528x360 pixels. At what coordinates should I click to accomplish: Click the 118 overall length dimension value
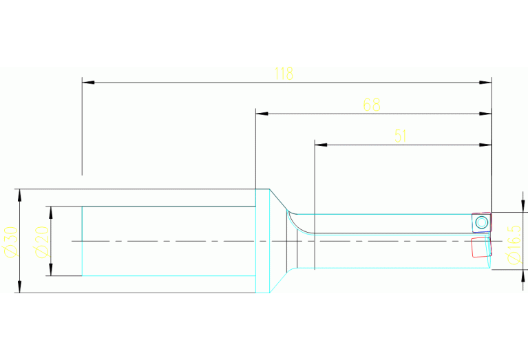tap(284, 74)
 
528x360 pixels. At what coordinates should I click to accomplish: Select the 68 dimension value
tap(372, 105)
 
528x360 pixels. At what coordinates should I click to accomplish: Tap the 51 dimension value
tap(401, 136)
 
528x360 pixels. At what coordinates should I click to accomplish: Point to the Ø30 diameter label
tap(10, 242)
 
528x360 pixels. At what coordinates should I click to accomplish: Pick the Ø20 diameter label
tap(42, 242)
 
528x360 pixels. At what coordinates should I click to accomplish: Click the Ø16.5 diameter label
tap(514, 245)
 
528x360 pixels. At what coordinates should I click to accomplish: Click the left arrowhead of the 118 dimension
tap(88, 82)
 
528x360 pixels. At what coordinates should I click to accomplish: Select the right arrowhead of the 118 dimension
tap(485, 82)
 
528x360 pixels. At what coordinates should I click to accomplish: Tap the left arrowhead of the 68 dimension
tap(262, 114)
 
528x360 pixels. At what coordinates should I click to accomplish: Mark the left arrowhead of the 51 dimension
tap(321, 145)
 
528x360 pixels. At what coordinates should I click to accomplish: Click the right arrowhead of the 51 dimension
tap(485, 145)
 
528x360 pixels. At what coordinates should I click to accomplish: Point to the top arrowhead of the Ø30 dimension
tap(19, 195)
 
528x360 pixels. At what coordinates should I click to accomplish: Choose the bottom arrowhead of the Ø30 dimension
tap(19, 286)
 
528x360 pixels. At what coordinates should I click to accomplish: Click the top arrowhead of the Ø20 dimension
tap(51, 213)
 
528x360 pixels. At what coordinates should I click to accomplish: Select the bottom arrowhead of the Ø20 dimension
tap(51, 269)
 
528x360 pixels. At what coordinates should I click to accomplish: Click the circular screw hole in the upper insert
tap(481, 222)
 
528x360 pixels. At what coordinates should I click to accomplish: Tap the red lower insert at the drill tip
tap(481, 247)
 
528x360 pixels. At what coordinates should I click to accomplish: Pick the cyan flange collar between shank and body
tap(263, 241)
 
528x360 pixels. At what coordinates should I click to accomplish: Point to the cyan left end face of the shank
tap(82, 241)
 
